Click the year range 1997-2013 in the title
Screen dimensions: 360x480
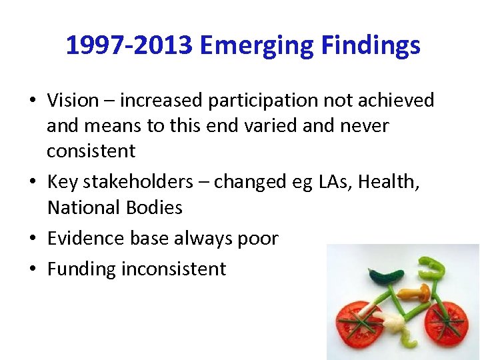pyautogui.click(x=129, y=45)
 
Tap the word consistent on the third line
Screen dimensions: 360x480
pyautogui.click(x=91, y=151)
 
